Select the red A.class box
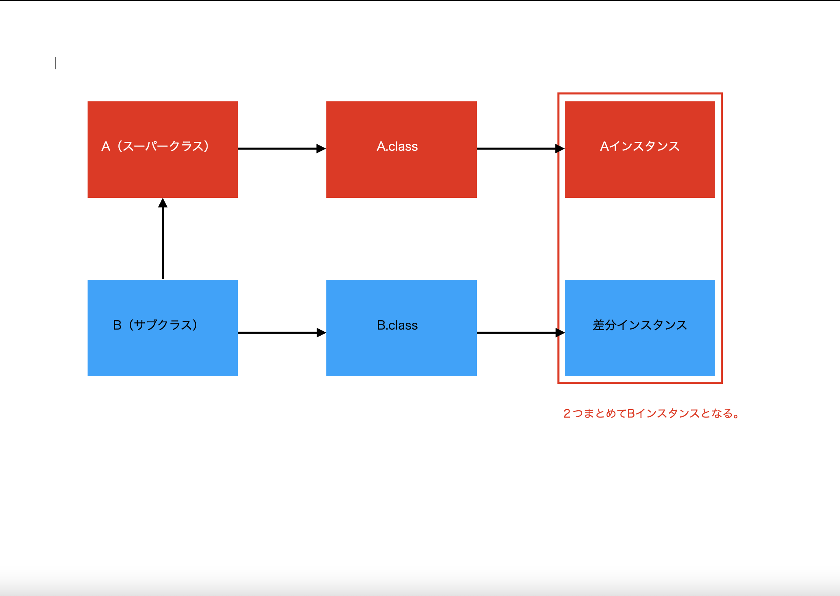pyautogui.click(x=401, y=174)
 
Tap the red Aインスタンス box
pyautogui.click(x=640, y=174)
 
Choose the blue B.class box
pyautogui.click(x=401, y=353)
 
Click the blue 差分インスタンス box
pyautogui.click(x=640, y=353)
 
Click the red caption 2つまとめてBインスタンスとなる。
pyautogui.click(x=651, y=414)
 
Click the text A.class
pyautogui.click(x=397, y=146)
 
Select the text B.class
pyautogui.click(x=397, y=325)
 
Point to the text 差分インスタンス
pyautogui.click(x=640, y=325)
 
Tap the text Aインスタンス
pyautogui.click(x=640, y=146)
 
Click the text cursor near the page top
pyautogui.click(x=55, y=63)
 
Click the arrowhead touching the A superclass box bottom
pyautogui.click(x=163, y=203)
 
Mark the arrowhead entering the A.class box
pyautogui.click(x=321, y=149)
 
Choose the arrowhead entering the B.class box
pyautogui.click(x=321, y=333)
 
